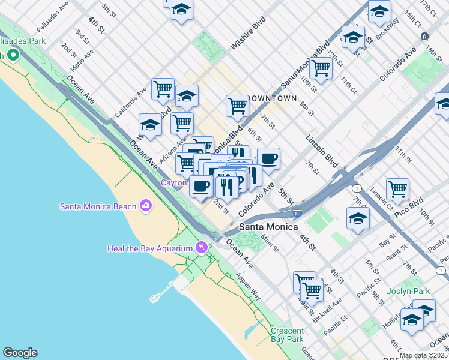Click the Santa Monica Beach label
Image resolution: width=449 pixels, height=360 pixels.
(98, 206)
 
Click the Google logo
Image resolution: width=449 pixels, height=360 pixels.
(20, 353)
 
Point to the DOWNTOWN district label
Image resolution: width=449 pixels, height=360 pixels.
(272, 98)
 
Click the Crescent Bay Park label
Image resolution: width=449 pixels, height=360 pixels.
(287, 335)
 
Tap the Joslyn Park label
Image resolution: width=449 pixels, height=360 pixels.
(426, 291)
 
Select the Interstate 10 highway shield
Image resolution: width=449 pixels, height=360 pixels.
(298, 212)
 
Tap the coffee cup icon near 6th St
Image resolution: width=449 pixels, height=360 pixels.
(269, 159)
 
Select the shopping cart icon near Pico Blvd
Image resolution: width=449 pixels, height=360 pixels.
(397, 189)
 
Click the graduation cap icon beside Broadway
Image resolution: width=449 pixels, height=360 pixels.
(379, 11)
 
